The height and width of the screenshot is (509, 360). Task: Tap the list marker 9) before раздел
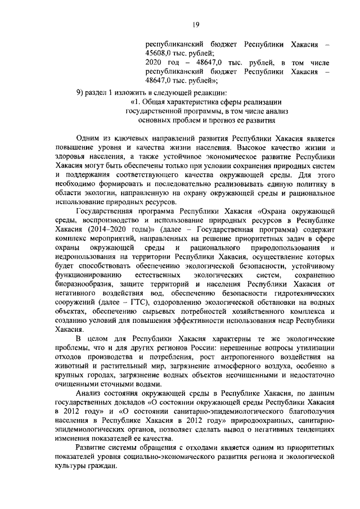pyautogui.click(x=81, y=91)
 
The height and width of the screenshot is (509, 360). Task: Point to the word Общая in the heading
pyautogui.click(x=160, y=102)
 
